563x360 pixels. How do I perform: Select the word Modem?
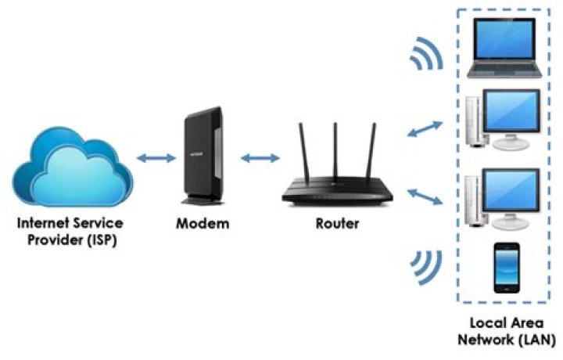(202, 224)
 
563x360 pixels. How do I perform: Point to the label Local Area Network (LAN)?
(512, 331)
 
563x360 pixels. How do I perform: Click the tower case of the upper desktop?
(474, 122)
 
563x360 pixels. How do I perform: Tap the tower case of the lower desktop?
(474, 200)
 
